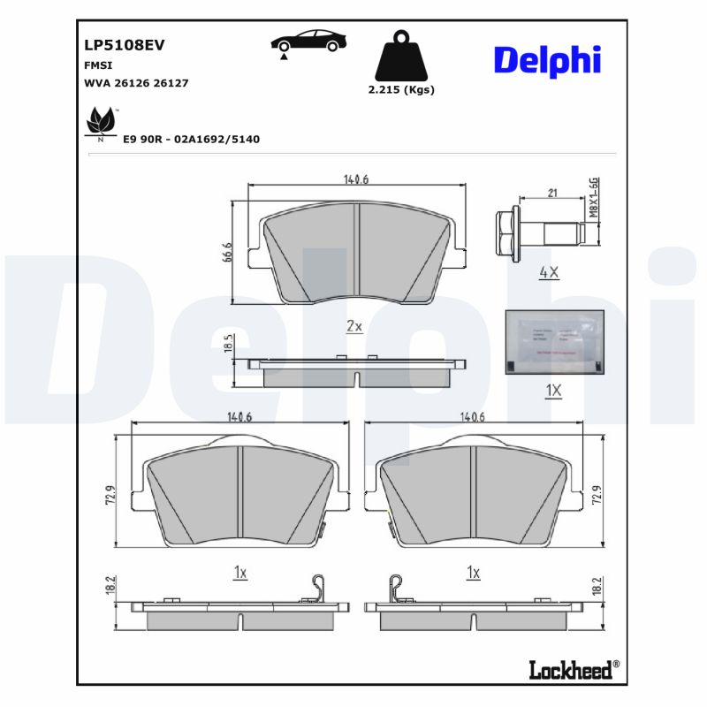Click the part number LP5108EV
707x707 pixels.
tap(125, 44)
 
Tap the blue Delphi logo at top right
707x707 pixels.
tap(546, 59)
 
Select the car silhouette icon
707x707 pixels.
tap(308, 42)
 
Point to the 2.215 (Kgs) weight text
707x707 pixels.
tap(401, 89)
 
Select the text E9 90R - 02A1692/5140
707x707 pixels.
tap(192, 140)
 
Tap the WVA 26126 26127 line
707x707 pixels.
tap(136, 82)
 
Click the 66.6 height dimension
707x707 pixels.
tap(227, 251)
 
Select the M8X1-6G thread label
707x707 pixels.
tap(595, 196)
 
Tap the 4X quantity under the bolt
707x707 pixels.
tap(549, 273)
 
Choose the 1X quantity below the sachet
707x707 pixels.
tap(553, 390)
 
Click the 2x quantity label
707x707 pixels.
tap(354, 326)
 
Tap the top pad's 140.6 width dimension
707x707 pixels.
tap(355, 179)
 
